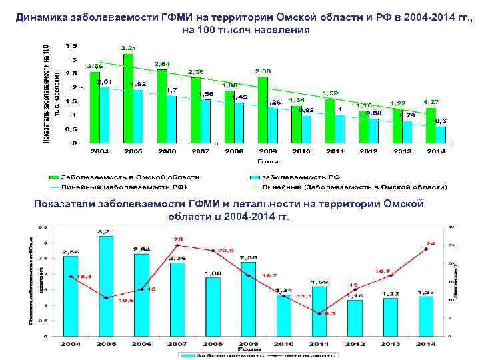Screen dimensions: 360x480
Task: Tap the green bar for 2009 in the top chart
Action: point(263,110)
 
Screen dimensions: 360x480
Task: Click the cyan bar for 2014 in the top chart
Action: point(441,134)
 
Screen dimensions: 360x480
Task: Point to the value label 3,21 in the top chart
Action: point(128,48)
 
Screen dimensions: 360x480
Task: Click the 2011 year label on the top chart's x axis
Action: point(335,152)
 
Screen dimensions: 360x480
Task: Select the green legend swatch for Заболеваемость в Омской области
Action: point(53,177)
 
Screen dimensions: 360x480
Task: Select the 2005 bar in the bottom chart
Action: point(105,286)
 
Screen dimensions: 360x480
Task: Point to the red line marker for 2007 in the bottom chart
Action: point(177,245)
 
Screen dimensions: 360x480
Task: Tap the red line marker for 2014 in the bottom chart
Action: point(425,249)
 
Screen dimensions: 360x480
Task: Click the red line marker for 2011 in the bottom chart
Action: point(319,313)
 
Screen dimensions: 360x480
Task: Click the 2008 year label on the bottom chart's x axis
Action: point(213,343)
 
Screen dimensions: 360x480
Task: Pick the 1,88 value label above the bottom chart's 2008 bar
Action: point(213,272)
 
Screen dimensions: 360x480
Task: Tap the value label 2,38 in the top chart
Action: point(263,71)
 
